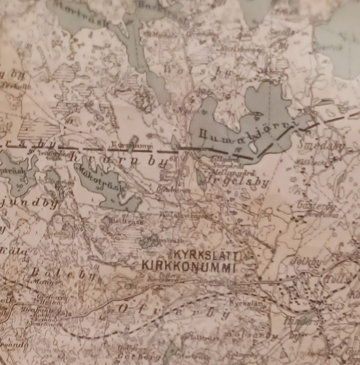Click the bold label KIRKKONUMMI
pyautogui.click(x=188, y=267)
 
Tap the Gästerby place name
pyautogui.click(x=313, y=206)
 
